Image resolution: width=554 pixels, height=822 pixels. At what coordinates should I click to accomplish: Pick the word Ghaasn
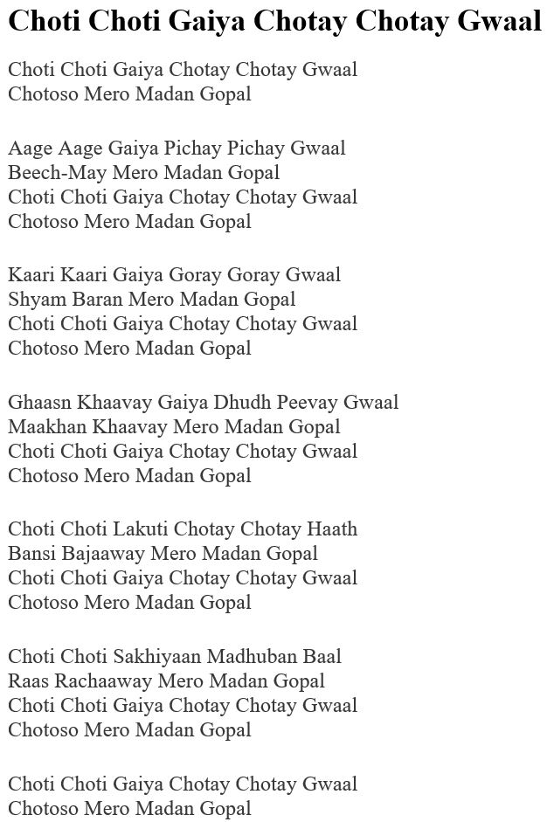click(40, 402)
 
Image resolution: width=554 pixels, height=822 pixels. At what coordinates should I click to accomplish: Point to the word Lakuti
click(141, 528)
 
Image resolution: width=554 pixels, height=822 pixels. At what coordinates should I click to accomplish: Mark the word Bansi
click(31, 553)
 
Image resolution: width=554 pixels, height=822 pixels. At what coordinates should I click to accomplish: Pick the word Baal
click(322, 656)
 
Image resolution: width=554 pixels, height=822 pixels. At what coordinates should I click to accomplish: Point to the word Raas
click(29, 680)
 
